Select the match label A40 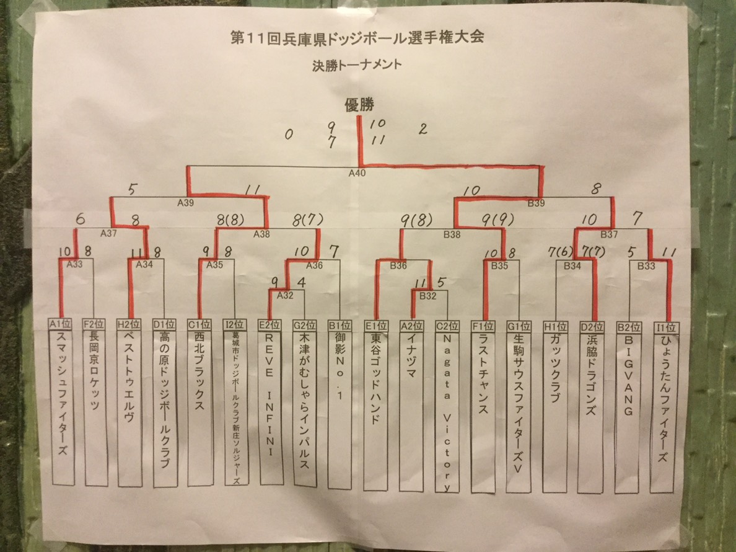tap(357, 173)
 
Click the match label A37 tap(108, 233)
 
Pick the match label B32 tap(427, 295)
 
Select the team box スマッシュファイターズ tap(61, 406)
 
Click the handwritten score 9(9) tap(496, 219)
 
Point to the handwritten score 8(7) tap(305, 219)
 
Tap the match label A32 tap(284, 295)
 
